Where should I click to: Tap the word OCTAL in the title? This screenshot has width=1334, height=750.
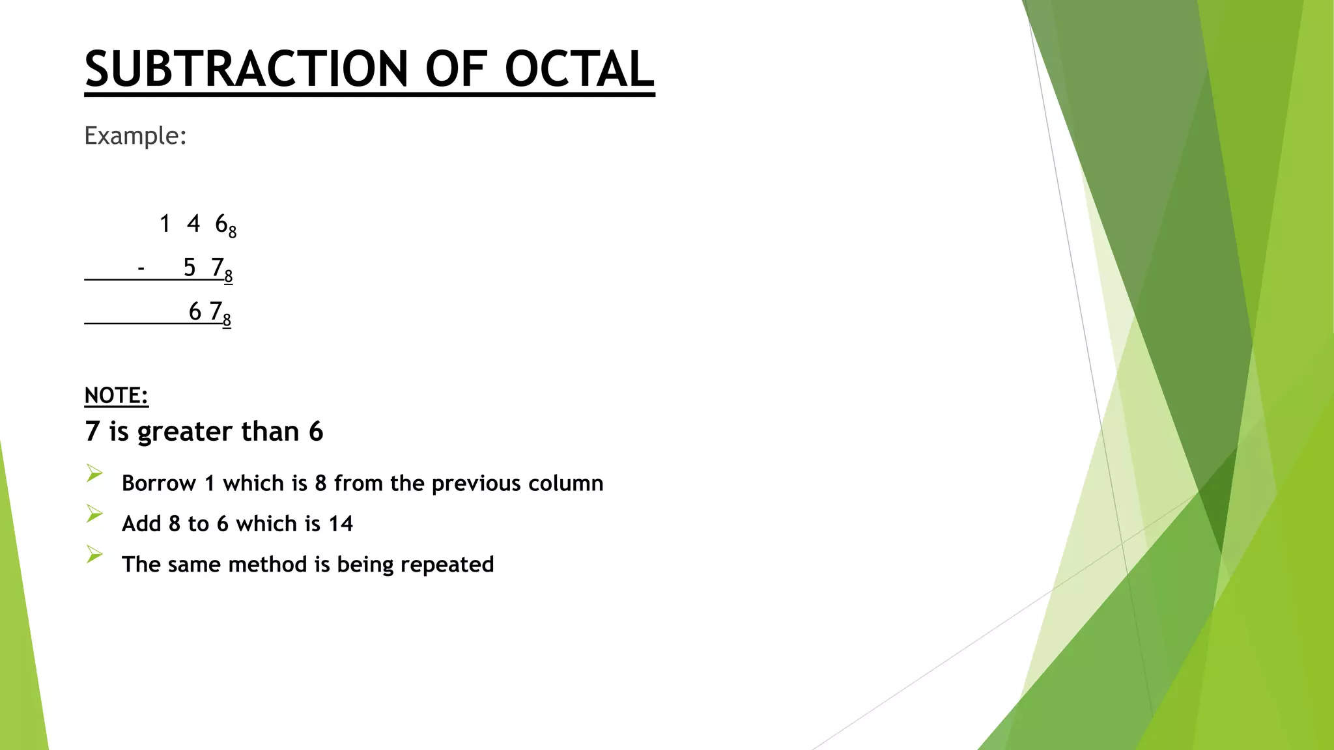[579, 69]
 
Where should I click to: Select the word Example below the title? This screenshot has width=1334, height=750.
[135, 136]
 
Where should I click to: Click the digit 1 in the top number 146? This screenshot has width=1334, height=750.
[165, 224]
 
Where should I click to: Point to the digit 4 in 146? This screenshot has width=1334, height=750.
[193, 224]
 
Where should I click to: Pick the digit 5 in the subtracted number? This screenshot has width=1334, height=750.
[190, 268]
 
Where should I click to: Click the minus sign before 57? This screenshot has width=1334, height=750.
[141, 268]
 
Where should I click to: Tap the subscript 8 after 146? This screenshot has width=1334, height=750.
[233, 232]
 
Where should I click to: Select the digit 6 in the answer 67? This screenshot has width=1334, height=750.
[195, 312]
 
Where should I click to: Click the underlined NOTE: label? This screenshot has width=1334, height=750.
[117, 395]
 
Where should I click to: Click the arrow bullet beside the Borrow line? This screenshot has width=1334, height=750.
[94, 473]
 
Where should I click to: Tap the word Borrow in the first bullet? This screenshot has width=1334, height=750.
[158, 483]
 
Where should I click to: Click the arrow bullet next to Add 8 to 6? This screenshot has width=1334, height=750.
[94, 514]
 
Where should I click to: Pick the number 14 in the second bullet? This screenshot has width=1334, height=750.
[340, 523]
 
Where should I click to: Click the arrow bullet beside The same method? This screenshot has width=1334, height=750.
[94, 555]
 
